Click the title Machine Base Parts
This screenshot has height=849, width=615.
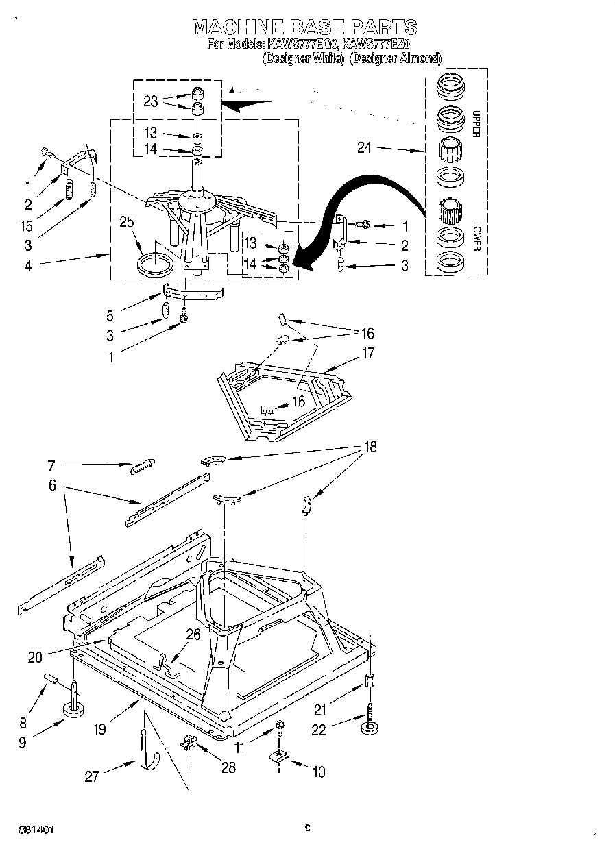point(304,27)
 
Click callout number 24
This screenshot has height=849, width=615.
point(364,147)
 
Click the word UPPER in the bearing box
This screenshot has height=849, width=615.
point(474,124)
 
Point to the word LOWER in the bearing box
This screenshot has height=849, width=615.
point(474,236)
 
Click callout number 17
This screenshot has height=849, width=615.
point(368,354)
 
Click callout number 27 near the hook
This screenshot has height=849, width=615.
point(91,776)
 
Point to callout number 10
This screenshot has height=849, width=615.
point(318,772)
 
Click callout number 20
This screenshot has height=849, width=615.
point(35,658)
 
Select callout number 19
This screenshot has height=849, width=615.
point(100,729)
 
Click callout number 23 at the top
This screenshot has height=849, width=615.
point(151,101)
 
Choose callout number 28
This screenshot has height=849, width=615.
point(228,767)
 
